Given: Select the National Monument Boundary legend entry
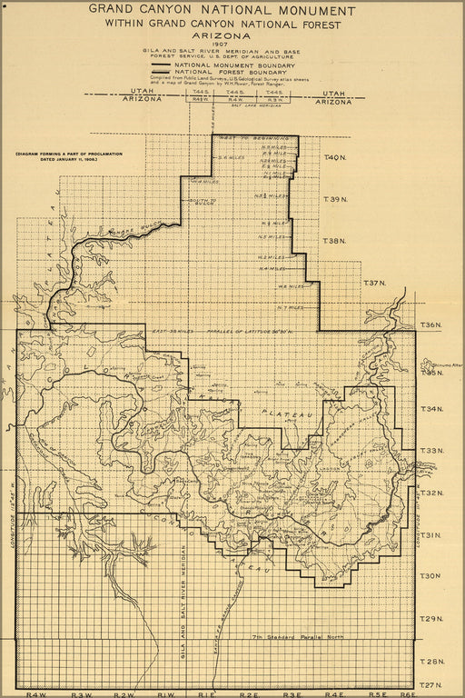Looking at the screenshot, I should pyautogui.click(x=234, y=66).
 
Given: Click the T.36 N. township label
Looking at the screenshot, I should pyautogui.click(x=431, y=324).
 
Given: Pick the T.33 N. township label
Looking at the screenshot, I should pyautogui.click(x=431, y=450).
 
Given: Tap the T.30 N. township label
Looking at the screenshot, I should pyautogui.click(x=431, y=575).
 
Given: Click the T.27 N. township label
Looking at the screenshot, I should pyautogui.click(x=431, y=683).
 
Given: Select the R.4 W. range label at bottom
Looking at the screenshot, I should pyautogui.click(x=37, y=693).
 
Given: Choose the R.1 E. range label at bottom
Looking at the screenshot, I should pyautogui.click(x=207, y=693).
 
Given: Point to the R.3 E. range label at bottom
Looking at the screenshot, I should pyautogui.click(x=292, y=693).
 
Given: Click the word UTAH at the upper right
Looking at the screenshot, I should pyautogui.click(x=333, y=92).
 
